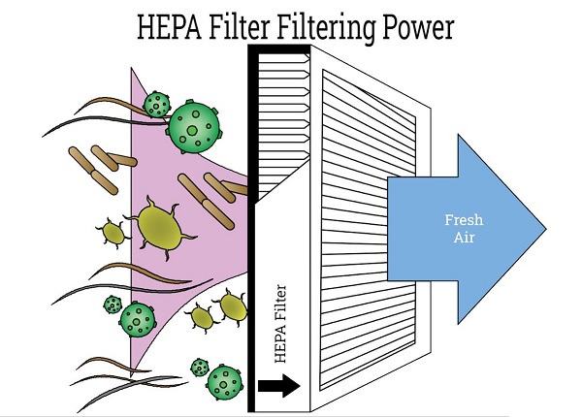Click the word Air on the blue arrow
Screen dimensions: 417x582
tap(459, 238)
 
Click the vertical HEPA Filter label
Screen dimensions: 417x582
tap(280, 330)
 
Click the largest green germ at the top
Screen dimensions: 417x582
tap(197, 126)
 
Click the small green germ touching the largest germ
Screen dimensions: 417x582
tap(155, 104)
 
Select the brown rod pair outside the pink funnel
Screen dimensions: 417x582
tap(96, 165)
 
